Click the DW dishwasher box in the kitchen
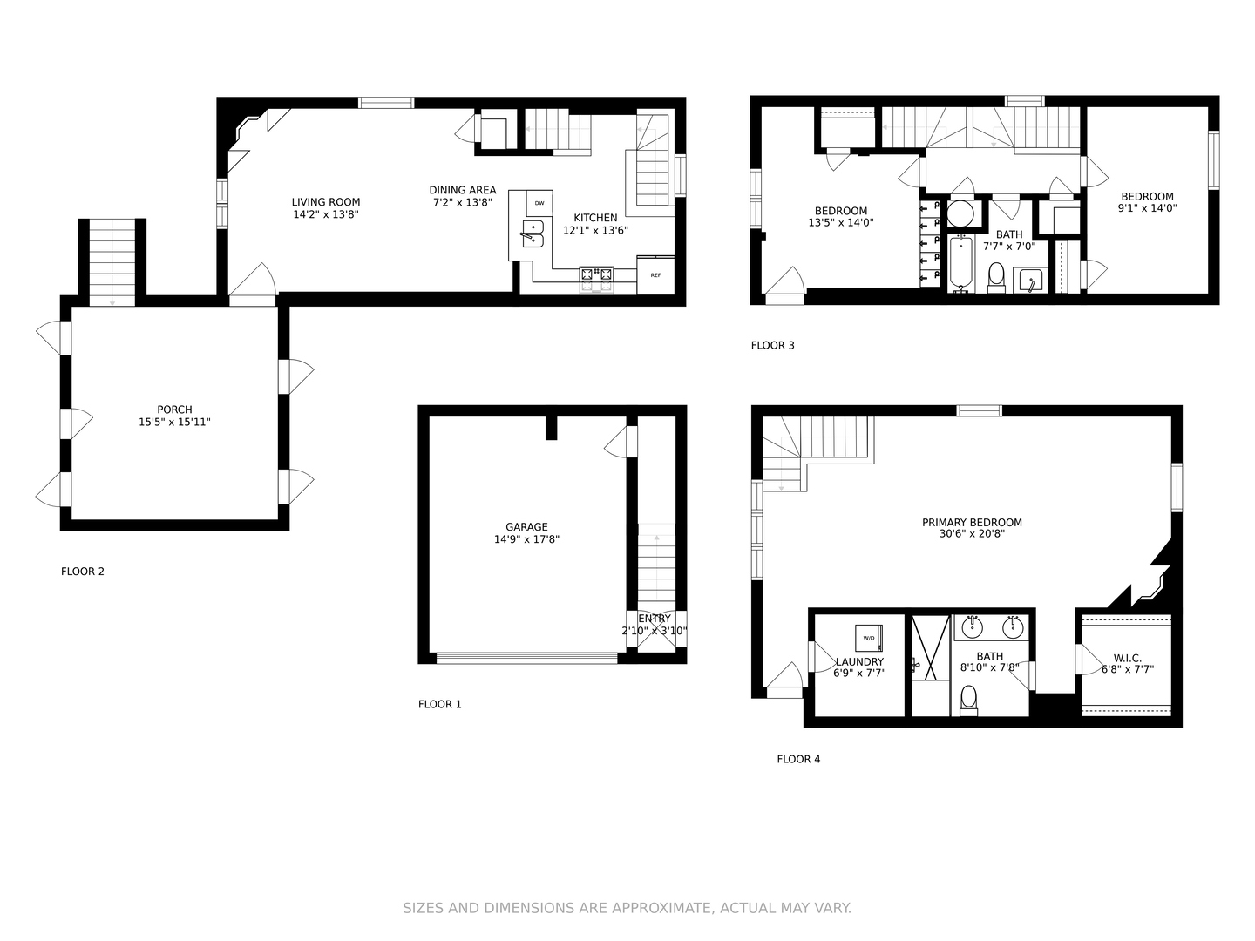(539, 203)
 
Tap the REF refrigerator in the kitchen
(655, 275)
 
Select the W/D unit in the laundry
(869, 638)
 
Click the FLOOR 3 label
(772, 345)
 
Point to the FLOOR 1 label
(439, 704)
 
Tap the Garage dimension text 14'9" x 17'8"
(526, 539)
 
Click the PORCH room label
(174, 410)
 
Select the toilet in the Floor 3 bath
(995, 277)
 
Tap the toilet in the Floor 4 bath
(968, 699)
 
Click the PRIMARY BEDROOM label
(972, 523)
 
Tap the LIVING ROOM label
(325, 202)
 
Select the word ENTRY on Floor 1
(655, 619)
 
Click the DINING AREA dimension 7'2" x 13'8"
(463, 202)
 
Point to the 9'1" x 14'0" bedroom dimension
(1147, 208)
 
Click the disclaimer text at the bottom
(627, 908)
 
